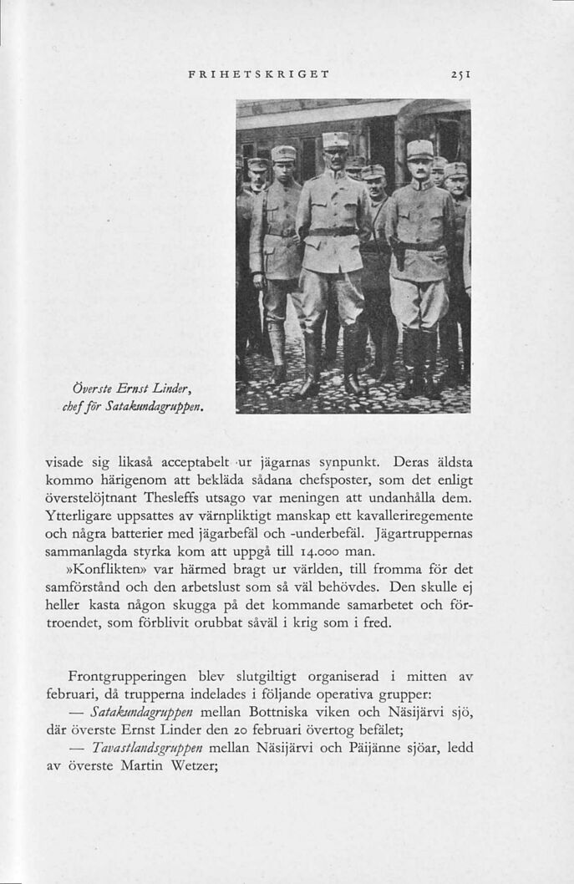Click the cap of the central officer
coord(335,140)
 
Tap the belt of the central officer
coord(333,231)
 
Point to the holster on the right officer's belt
coord(399,252)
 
